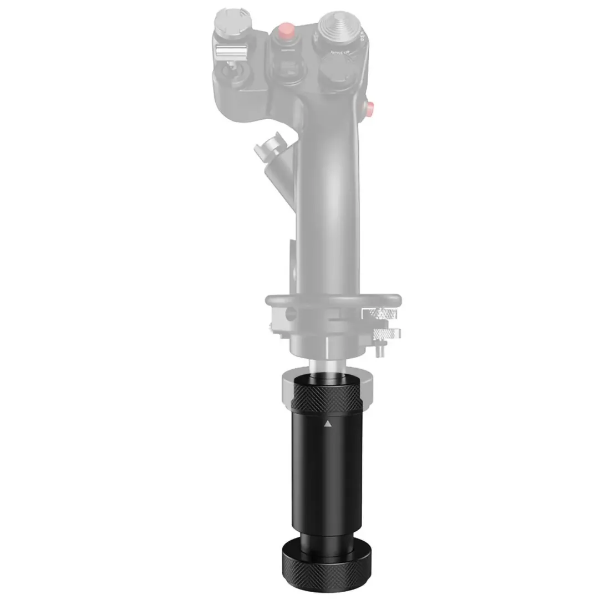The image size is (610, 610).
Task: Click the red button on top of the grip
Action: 286,29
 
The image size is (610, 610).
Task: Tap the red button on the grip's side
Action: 371,106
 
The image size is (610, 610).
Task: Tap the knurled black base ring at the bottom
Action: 327,579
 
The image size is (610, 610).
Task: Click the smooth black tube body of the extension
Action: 327,488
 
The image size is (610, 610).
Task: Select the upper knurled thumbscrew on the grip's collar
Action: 379,314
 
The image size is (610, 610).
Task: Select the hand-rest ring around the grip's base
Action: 333,299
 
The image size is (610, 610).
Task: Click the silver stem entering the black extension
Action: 328,367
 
